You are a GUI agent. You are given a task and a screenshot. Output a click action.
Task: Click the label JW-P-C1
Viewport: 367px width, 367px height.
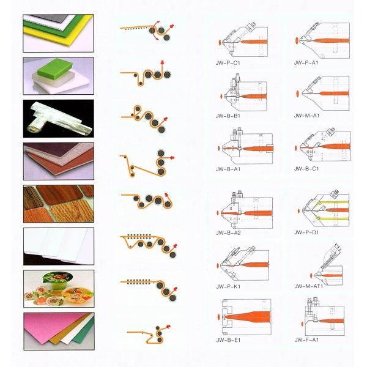pos(228,63)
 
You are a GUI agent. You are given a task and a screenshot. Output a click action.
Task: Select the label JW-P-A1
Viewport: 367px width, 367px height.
pos(306,63)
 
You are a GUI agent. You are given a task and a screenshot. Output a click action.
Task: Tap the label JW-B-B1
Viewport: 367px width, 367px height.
pos(228,116)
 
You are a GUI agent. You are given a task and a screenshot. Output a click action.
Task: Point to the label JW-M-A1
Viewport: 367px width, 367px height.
pos(306,116)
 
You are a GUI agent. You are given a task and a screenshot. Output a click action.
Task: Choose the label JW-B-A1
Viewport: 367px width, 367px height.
pos(228,169)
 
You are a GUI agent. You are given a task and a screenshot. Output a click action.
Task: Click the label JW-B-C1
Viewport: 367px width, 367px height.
pos(306,169)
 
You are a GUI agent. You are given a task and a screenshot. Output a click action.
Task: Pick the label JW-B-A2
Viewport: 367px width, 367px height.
pos(228,232)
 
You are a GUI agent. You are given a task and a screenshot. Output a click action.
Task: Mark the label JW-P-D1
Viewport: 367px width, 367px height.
pos(306,232)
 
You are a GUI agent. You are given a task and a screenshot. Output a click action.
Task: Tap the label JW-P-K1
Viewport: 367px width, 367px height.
pos(228,286)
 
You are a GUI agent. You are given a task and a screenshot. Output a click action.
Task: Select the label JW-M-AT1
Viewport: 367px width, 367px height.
pos(309,286)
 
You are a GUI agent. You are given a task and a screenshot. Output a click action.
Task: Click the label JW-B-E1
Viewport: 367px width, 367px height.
pos(228,340)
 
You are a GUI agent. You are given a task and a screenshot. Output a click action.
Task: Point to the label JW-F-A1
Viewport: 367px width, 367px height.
pos(306,339)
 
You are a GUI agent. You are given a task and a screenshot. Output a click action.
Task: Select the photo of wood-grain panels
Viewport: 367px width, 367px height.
pos(59,204)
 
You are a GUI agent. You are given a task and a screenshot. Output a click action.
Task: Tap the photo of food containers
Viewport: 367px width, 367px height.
pos(59,289)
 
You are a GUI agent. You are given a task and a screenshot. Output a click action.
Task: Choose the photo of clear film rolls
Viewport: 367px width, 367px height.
pos(59,119)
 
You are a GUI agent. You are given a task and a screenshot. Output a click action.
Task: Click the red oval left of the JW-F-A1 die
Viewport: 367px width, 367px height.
pos(303,324)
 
